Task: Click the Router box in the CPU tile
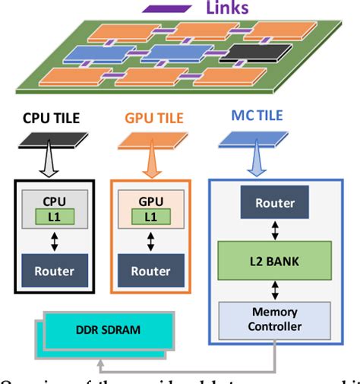(52, 270)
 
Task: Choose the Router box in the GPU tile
(150, 270)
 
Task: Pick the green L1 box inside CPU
(52, 217)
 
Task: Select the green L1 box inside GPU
(151, 217)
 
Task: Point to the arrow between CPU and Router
(52, 241)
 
